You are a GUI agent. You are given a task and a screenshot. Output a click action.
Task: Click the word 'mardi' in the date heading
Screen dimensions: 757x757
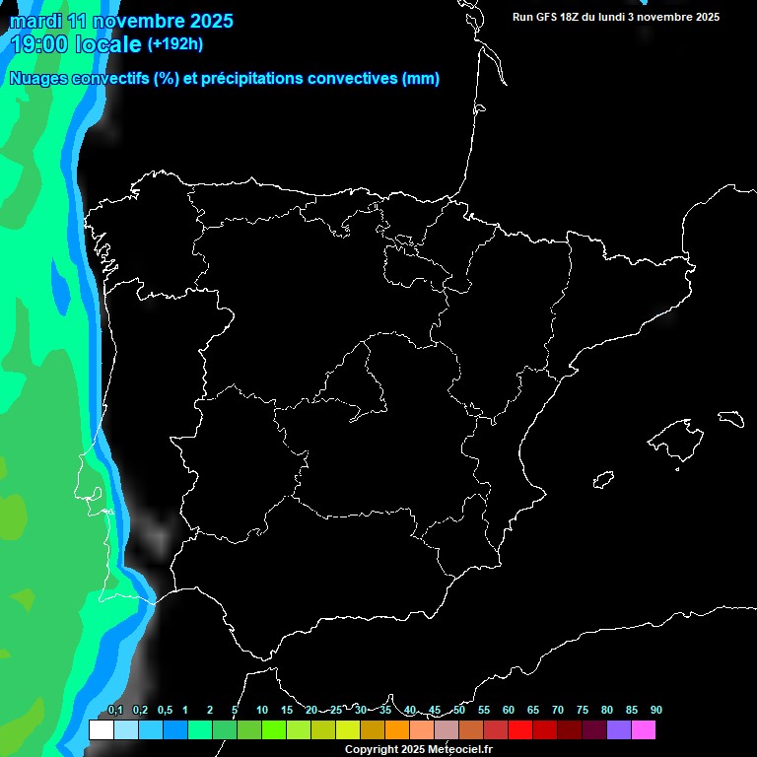[x=36, y=20]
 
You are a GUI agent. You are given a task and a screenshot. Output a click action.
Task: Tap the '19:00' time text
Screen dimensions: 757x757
[x=39, y=44]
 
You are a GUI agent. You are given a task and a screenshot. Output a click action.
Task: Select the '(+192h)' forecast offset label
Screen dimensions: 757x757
[x=174, y=44]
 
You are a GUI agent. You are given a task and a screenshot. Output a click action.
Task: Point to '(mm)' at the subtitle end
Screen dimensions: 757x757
[x=421, y=79]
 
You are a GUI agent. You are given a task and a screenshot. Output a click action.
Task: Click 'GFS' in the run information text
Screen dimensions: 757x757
[x=547, y=17]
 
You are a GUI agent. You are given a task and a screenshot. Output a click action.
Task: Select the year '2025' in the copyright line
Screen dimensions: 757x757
[x=410, y=749]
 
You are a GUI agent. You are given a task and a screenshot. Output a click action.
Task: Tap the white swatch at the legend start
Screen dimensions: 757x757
[x=101, y=730]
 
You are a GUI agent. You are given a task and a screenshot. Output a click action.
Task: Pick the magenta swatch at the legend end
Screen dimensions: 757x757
[x=643, y=730]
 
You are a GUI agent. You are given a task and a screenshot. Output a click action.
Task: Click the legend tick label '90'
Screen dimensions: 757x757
[x=655, y=711]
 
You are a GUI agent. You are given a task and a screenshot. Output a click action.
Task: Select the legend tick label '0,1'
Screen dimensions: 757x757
[x=115, y=711]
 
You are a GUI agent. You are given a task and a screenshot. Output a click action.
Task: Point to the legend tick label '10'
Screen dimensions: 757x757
[x=261, y=711]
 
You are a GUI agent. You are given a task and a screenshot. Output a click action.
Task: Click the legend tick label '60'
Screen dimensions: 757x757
[x=508, y=711]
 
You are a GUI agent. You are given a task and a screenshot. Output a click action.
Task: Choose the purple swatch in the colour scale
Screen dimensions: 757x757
[x=618, y=730]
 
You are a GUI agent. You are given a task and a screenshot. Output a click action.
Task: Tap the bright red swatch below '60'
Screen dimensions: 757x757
[x=519, y=730]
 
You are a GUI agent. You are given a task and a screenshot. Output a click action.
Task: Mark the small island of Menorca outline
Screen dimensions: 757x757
[x=730, y=418]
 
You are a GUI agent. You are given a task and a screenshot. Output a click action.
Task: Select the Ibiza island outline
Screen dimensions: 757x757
[x=603, y=481]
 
